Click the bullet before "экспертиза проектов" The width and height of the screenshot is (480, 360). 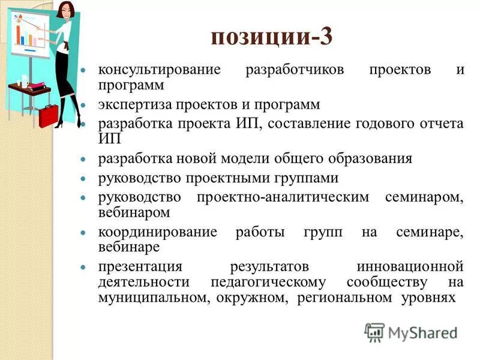coord(84,105)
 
